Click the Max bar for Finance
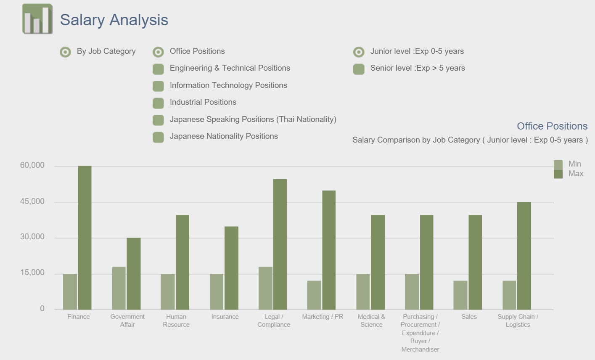click(x=85, y=238)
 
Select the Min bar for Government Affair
click(x=119, y=288)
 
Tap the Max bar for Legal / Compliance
click(x=280, y=244)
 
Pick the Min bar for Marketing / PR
click(x=314, y=295)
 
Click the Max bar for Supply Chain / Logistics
click(x=524, y=256)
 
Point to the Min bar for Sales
click(x=460, y=295)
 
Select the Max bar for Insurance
click(x=231, y=268)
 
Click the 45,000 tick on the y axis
click(x=32, y=201)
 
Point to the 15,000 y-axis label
click(x=32, y=273)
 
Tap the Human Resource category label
click(x=176, y=320)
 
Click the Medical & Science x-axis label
click(x=371, y=320)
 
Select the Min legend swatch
click(x=558, y=165)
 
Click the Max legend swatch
click(x=558, y=174)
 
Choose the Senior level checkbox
click(x=359, y=69)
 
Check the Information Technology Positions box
click(x=158, y=86)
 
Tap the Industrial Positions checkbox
click(x=158, y=103)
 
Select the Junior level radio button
click(x=359, y=52)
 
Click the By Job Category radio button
click(x=65, y=52)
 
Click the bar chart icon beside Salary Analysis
click(x=37, y=19)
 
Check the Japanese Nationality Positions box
click(x=158, y=137)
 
